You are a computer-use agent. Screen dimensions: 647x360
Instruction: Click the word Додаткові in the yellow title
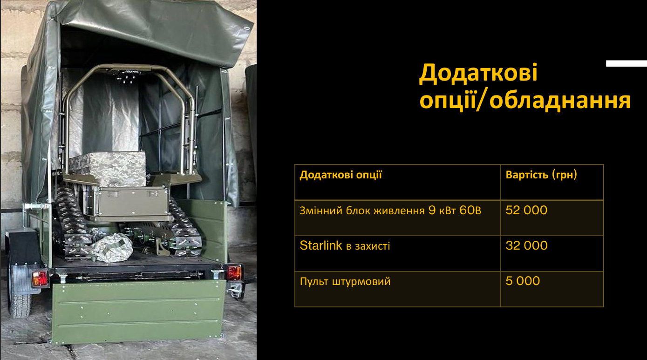[478, 73]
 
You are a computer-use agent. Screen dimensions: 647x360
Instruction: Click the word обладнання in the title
[560, 101]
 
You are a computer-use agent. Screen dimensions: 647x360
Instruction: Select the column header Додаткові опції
[341, 175]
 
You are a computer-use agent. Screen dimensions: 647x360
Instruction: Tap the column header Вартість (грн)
[541, 175]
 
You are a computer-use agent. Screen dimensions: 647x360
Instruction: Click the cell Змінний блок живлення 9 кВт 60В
[390, 211]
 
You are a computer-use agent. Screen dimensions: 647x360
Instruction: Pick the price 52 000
[526, 210]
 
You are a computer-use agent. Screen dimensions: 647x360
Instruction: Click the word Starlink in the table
[321, 245]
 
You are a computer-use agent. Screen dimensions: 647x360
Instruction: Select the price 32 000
[526, 246]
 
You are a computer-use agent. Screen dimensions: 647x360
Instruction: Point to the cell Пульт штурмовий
[345, 281]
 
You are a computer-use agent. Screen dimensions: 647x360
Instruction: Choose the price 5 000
[523, 281]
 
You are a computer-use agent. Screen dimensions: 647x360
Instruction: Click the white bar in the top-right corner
[626, 63]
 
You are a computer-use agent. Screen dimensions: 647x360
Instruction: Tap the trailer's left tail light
[40, 278]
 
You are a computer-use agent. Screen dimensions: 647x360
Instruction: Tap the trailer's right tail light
[234, 273]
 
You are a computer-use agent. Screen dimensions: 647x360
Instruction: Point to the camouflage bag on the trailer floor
[111, 247]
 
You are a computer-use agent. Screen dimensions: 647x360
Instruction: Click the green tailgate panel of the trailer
[138, 311]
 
